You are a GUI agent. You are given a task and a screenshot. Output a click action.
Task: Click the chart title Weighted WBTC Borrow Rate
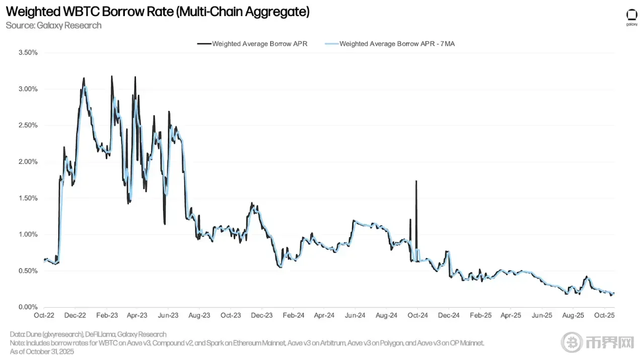point(158,12)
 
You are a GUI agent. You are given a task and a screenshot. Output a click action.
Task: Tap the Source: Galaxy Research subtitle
point(53,25)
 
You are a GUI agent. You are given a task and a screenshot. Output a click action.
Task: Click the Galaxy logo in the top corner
point(631,16)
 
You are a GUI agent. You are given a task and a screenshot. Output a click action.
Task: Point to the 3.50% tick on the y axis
point(27,52)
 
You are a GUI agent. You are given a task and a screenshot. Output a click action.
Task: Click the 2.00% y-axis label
point(27,162)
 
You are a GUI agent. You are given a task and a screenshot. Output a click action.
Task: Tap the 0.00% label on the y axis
point(27,307)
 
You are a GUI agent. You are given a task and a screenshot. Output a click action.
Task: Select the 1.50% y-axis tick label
point(27,198)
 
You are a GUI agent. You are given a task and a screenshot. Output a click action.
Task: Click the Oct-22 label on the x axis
point(43,316)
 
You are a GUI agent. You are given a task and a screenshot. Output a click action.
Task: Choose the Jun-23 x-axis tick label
point(168,316)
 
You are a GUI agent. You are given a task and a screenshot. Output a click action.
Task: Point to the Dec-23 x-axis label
point(262,316)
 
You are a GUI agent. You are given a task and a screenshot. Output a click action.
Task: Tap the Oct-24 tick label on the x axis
point(417,316)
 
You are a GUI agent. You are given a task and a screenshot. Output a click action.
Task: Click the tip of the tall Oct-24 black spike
point(416,181)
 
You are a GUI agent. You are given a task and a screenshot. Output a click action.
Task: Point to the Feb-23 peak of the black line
point(111,77)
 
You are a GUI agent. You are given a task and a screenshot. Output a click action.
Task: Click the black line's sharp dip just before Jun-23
point(165,223)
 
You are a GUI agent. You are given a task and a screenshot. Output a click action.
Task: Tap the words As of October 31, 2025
point(42,351)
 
